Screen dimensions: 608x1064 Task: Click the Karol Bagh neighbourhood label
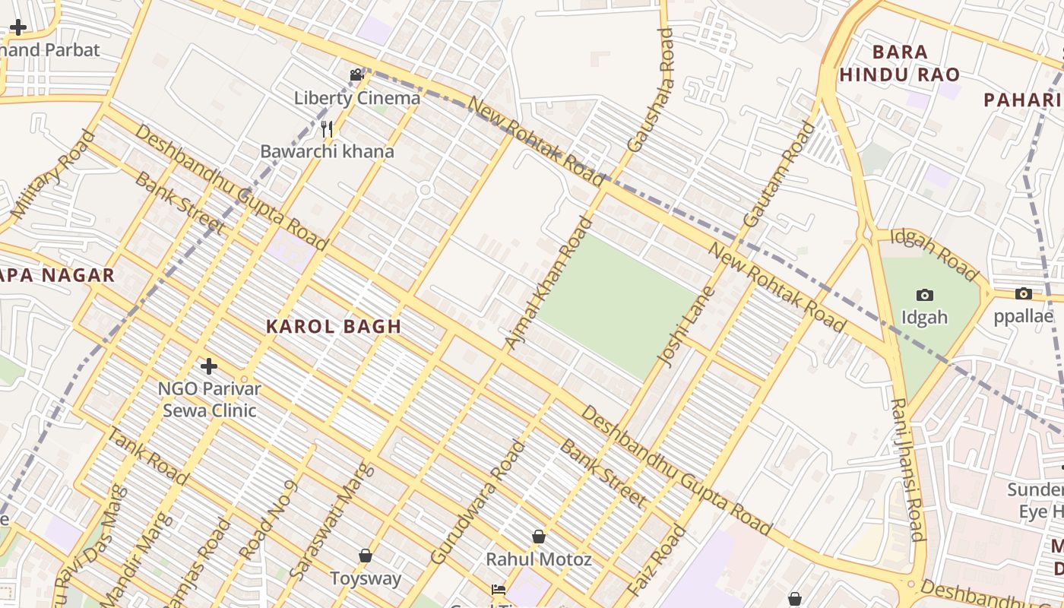(333, 327)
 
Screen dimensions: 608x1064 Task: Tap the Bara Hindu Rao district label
(900, 63)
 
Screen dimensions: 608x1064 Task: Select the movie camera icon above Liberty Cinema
(356, 74)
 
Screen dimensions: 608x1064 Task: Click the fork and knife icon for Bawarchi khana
(327, 128)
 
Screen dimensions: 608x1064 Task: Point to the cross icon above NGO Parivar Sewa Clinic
(208, 366)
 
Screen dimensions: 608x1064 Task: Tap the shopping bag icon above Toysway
(366, 556)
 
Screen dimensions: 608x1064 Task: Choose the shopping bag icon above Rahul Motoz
(538, 537)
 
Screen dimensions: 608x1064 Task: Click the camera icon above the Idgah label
(924, 295)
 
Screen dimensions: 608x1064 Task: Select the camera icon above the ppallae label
(1023, 293)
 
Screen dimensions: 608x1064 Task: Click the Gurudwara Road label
(477, 502)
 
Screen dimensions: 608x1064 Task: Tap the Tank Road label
(147, 456)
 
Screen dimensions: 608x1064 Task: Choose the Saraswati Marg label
(332, 521)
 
